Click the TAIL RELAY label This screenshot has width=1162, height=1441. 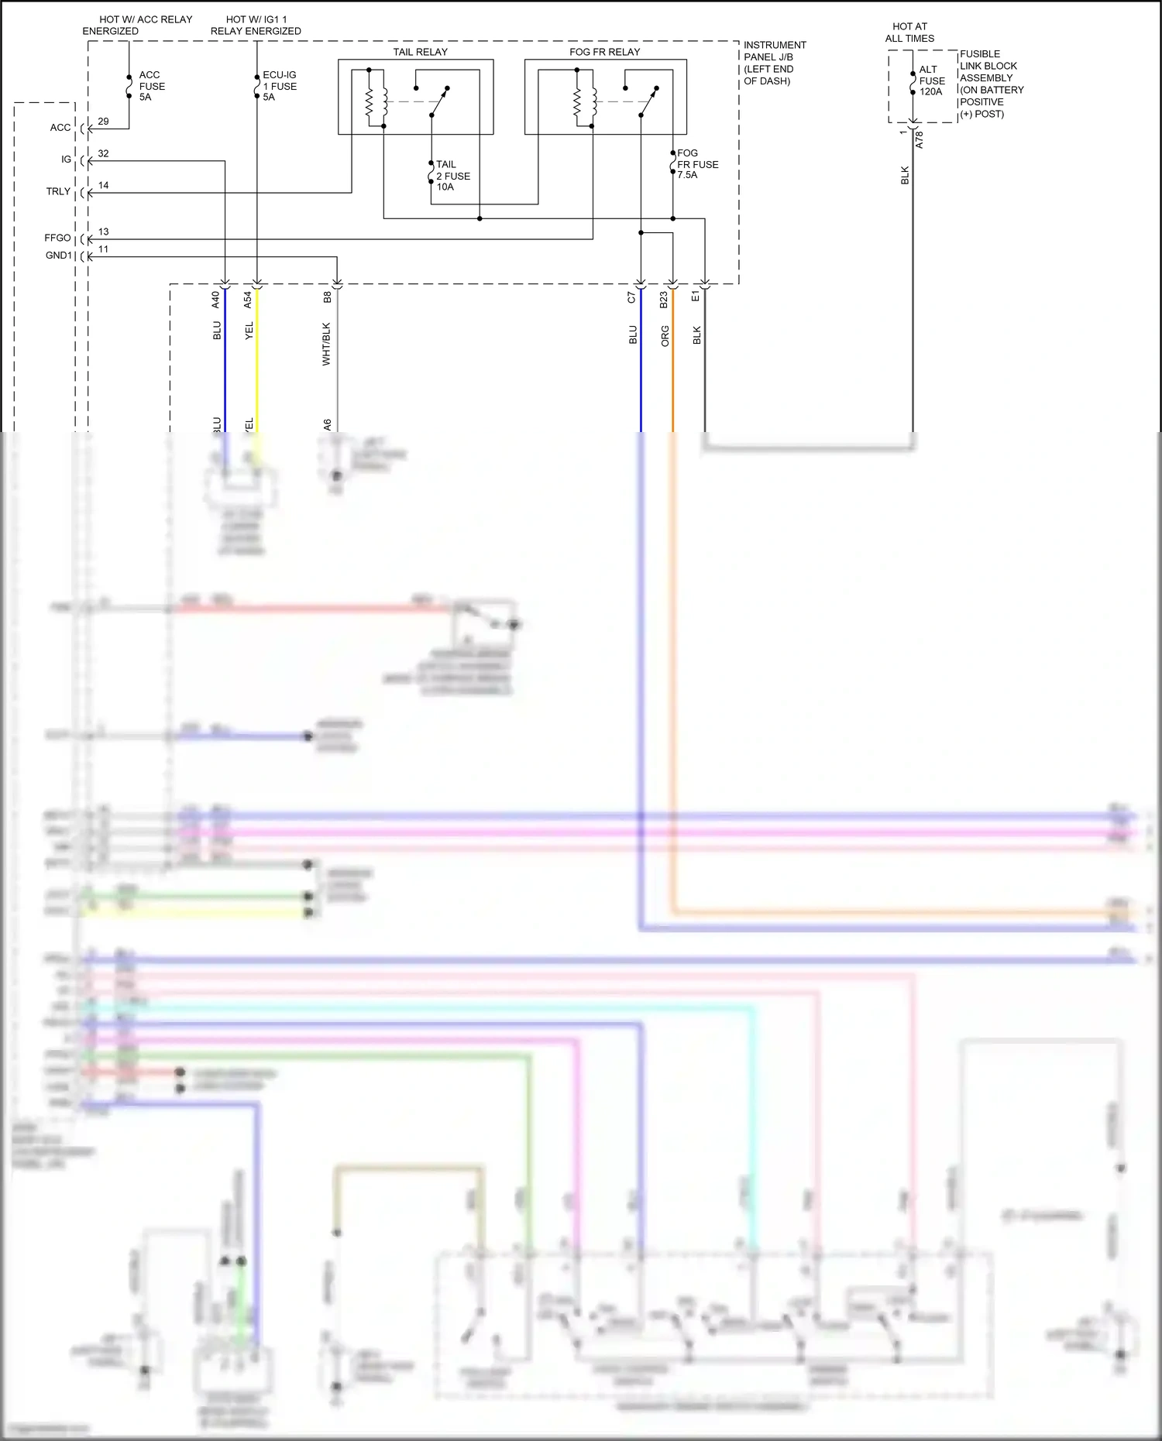click(x=420, y=52)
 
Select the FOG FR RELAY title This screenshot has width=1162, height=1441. click(x=604, y=52)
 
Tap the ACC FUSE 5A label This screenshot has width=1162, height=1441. click(x=152, y=86)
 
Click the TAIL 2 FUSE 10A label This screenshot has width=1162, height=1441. click(x=452, y=176)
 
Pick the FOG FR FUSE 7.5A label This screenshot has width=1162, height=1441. click(x=697, y=164)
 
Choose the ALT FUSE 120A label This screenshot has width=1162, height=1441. click(x=932, y=81)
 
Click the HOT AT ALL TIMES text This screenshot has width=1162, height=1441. click(x=909, y=33)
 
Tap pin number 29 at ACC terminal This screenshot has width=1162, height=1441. click(x=104, y=122)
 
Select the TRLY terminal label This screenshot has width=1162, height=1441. click(x=58, y=191)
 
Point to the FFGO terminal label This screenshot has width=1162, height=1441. click(x=57, y=238)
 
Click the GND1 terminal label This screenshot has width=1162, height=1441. click(x=58, y=256)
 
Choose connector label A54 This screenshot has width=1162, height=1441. click(x=248, y=300)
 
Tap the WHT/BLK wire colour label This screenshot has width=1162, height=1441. click(x=326, y=344)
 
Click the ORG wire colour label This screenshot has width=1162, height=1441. click(x=665, y=336)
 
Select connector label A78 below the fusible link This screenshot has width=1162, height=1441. click(x=920, y=140)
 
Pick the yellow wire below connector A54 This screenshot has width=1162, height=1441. click(x=257, y=372)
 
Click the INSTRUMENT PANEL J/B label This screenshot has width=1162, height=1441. click(x=775, y=63)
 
